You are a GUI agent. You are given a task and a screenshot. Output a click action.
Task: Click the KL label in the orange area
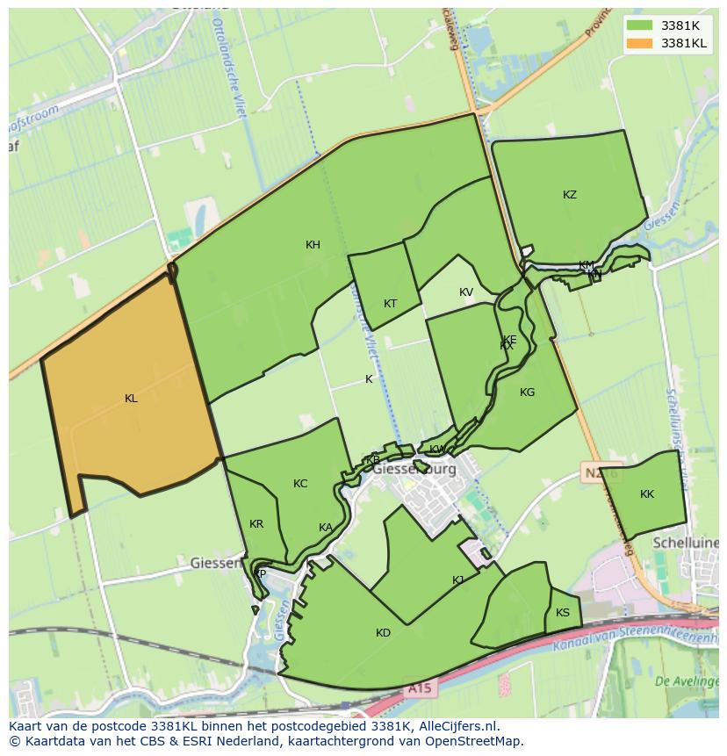click(131, 399)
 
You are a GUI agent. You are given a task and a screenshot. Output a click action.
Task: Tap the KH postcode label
click(313, 245)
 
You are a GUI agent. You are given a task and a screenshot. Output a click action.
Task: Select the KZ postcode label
click(570, 195)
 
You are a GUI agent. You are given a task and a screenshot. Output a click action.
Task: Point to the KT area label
click(390, 304)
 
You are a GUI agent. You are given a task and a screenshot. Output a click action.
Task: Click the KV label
click(465, 292)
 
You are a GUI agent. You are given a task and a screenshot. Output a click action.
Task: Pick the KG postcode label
click(527, 392)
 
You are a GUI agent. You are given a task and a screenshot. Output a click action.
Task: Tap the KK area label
click(647, 494)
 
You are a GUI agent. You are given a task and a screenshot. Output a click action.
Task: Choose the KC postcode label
click(300, 484)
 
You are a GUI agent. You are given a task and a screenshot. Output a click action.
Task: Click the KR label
click(256, 524)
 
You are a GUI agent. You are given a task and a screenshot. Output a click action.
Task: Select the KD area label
click(383, 633)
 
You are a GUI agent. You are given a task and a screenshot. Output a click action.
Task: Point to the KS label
click(563, 613)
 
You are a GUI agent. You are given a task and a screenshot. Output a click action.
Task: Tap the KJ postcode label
click(458, 580)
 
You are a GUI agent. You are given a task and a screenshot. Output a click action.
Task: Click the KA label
click(326, 528)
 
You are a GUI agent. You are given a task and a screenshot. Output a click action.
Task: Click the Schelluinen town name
click(686, 544)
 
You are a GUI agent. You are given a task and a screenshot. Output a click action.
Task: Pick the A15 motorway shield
click(419, 689)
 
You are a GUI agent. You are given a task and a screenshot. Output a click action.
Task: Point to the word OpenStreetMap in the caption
click(473, 741)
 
